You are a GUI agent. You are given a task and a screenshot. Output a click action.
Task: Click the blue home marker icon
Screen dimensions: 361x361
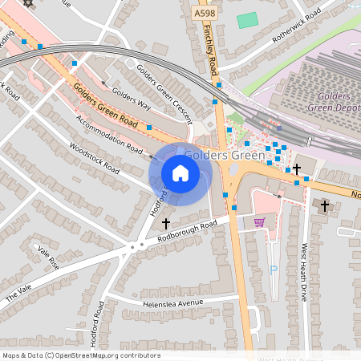tap(180, 172)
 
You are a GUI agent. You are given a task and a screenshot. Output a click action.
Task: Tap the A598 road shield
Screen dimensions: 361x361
tap(205, 13)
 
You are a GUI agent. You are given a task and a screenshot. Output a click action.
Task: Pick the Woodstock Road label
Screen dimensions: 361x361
tap(95, 158)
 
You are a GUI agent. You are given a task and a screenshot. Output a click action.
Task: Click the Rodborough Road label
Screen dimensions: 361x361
tap(188, 231)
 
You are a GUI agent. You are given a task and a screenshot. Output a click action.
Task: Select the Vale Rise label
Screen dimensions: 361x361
tap(48, 258)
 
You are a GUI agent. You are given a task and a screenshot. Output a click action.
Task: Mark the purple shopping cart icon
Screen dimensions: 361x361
tap(259, 222)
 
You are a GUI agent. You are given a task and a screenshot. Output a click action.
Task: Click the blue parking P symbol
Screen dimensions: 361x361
tap(273, 270)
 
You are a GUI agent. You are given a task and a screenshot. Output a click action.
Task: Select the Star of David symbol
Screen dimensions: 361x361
tap(30, 3)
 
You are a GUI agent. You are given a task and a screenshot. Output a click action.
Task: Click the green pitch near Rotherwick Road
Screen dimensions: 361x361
tap(248, 19)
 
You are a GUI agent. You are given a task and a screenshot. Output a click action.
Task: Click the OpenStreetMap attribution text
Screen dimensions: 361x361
tap(80, 355)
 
